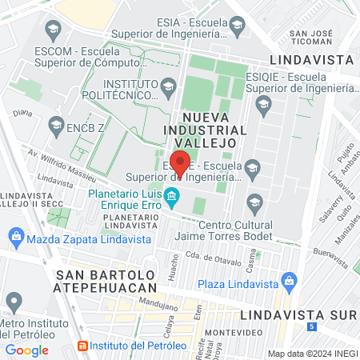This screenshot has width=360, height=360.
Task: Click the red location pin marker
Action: point(180,162)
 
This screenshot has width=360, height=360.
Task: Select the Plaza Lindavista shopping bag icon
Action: point(289,282)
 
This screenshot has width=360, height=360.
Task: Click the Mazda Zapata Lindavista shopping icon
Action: point(15,237)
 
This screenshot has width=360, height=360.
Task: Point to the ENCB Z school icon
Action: point(55,124)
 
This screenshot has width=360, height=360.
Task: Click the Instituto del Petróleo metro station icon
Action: point(82,346)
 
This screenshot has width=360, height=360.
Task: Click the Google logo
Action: point(26,350)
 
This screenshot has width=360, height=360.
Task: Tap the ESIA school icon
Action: point(237,26)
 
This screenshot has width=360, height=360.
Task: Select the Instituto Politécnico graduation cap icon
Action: point(168,86)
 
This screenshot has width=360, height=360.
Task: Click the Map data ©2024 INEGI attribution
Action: point(311,354)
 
